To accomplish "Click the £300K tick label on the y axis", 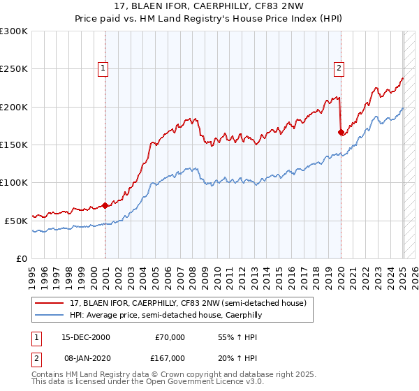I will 14,31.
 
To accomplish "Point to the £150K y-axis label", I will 14,145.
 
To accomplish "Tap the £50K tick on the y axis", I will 16,221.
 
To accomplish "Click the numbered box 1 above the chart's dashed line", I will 103,68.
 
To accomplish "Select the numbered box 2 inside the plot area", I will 339,68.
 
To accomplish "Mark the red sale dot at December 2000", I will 105,205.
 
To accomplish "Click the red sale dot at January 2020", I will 341,132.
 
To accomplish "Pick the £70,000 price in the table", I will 169,337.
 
